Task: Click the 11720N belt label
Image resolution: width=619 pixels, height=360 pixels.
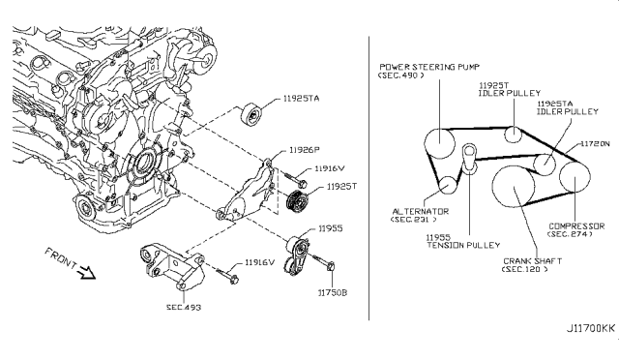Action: (592, 143)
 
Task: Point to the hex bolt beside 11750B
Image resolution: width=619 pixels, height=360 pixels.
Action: (326, 266)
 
